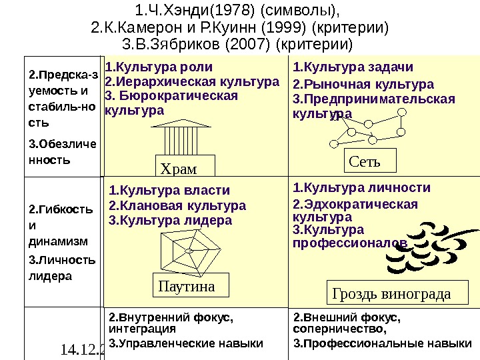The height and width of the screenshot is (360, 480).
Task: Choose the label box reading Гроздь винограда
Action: pyautogui.click(x=401, y=293)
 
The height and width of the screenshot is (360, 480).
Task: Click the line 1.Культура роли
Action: pyautogui.click(x=160, y=67)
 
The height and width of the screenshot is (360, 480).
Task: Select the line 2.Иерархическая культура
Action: pyautogui.click(x=192, y=82)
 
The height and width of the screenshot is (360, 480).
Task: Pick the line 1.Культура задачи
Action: pyautogui.click(x=353, y=67)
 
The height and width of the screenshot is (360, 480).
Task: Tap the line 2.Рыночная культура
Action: pyautogui.click(x=363, y=85)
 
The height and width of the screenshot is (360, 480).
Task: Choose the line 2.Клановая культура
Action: pyautogui.click(x=177, y=205)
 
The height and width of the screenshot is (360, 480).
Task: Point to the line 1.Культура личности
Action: pyautogui.click(x=362, y=187)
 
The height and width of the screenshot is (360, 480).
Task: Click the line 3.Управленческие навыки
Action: pyautogui.click(x=186, y=344)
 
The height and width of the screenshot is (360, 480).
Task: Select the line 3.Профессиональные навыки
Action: pyautogui.click(x=378, y=344)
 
